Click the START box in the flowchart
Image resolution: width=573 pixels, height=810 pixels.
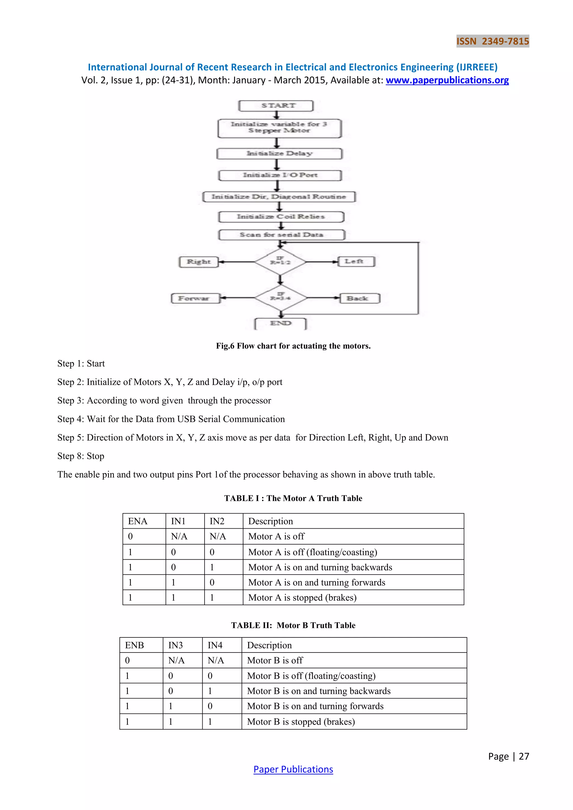[x=276, y=106]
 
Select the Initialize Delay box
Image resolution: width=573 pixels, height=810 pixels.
[x=280, y=154]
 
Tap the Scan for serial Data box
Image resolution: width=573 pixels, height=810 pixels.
[x=281, y=235]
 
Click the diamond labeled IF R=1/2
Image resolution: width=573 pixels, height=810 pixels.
[x=280, y=262]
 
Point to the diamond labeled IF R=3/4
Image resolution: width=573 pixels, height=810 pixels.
[x=281, y=298]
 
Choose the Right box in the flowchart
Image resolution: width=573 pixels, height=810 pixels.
[x=199, y=262]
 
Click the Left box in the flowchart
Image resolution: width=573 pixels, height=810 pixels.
[x=356, y=262]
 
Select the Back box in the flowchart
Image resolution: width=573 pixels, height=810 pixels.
[x=360, y=298]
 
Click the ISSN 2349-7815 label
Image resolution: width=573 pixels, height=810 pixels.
[x=492, y=41]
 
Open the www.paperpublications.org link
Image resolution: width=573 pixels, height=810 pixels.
[x=447, y=81]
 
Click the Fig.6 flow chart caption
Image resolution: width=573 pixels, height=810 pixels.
[x=293, y=346]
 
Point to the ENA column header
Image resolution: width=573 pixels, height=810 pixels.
[x=138, y=521]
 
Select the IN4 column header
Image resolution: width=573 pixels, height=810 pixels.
[x=215, y=645]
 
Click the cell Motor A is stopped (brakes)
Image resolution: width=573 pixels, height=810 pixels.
[x=302, y=598]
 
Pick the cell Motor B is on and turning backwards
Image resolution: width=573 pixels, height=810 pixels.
[x=319, y=691]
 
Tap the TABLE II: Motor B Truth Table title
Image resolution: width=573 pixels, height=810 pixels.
[x=293, y=625]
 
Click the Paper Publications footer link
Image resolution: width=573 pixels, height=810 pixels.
[x=293, y=769]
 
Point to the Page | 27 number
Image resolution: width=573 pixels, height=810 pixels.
[x=508, y=756]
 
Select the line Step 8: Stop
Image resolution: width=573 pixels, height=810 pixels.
[x=81, y=456]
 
